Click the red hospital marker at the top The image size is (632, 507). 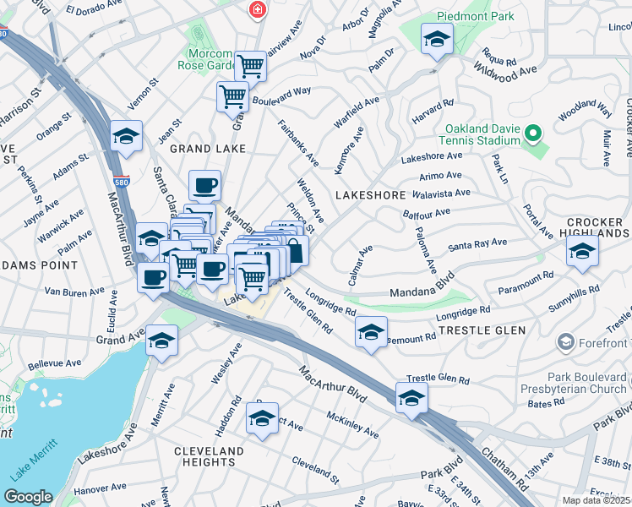[256, 10]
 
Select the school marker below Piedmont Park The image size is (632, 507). [437, 39]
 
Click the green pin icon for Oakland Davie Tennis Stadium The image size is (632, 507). [532, 134]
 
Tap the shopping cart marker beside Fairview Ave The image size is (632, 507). [250, 64]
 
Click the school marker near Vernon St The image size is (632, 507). [126, 136]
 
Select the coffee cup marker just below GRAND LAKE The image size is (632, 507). [204, 184]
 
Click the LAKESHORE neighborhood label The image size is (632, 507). [371, 195]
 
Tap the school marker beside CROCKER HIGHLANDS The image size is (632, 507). [582, 251]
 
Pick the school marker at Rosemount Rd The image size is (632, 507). [371, 333]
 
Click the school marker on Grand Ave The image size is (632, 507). [161, 341]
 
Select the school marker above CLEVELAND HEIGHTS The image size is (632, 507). [263, 418]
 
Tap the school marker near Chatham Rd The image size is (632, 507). [411, 398]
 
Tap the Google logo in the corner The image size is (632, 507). [29, 497]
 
